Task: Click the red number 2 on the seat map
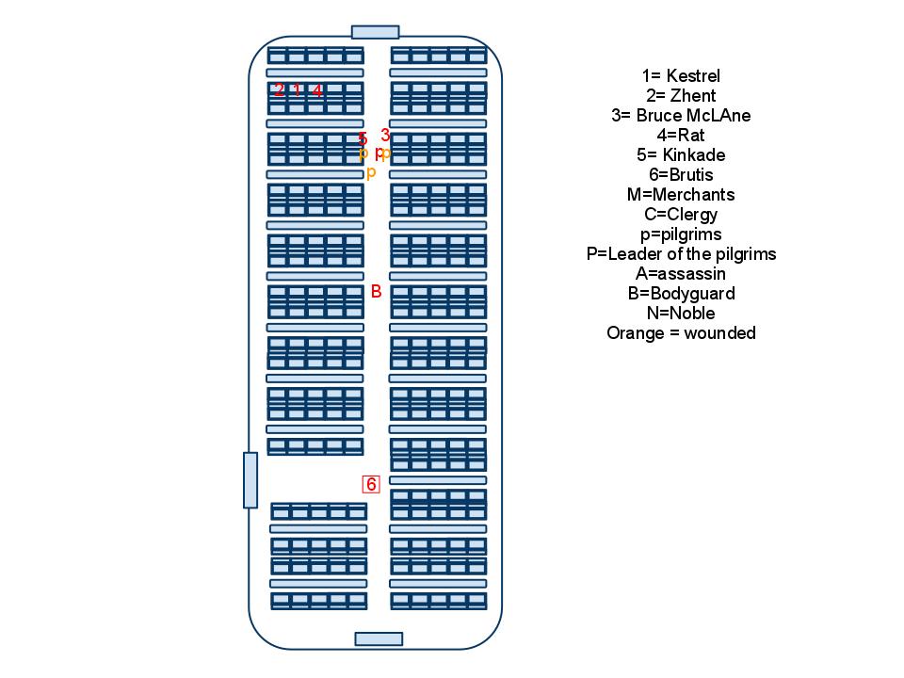(x=279, y=89)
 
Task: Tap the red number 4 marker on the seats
(x=317, y=90)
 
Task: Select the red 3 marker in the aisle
(x=385, y=135)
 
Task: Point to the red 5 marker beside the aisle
(x=363, y=139)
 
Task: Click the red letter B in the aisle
(x=376, y=292)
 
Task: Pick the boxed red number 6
(x=371, y=484)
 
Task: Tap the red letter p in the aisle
(x=379, y=153)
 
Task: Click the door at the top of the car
(x=376, y=32)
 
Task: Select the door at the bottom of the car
(x=379, y=638)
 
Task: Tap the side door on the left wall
(x=250, y=480)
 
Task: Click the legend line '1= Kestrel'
(x=682, y=75)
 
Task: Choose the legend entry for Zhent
(x=682, y=95)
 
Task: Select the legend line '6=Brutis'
(x=682, y=175)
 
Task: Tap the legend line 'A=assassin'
(x=681, y=273)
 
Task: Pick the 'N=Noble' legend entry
(x=681, y=313)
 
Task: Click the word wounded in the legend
(x=720, y=332)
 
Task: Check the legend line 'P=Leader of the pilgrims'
(x=682, y=253)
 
